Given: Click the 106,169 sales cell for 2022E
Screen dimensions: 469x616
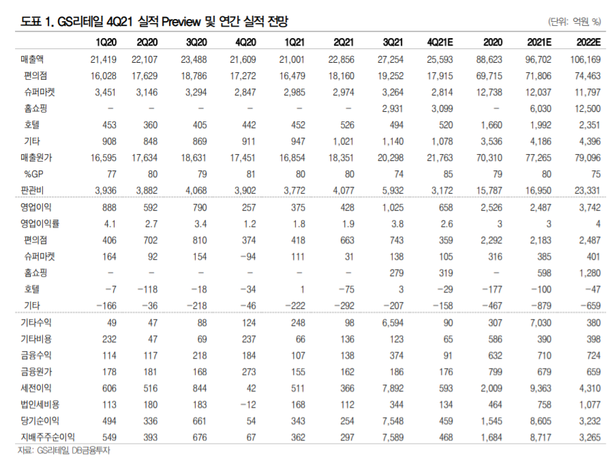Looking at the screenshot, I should coord(584,60).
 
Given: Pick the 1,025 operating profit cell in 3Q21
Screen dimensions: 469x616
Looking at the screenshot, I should coord(392,208).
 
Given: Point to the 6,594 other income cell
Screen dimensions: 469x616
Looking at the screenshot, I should coord(392,322).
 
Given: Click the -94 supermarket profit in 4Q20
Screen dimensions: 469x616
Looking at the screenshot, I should coord(245,256).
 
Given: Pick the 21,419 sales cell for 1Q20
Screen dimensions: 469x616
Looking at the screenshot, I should coord(104,60).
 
